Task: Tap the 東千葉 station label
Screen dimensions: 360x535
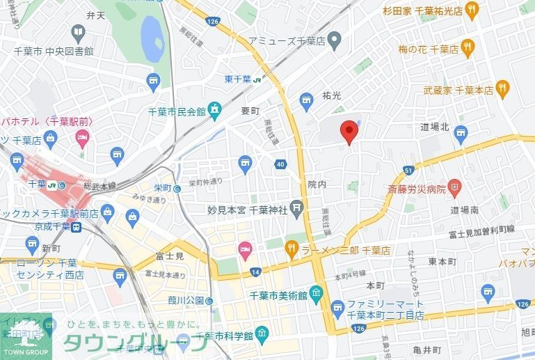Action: coord(239,78)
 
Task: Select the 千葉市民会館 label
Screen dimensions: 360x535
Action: coord(177,111)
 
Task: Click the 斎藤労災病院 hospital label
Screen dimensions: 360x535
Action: coord(416,188)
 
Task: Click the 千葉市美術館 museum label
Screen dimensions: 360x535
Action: coord(278,296)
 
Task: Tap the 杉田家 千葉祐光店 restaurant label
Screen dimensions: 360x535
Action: coord(422,10)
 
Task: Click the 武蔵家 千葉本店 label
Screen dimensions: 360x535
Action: coord(458,90)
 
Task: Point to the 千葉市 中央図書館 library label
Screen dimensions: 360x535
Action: coord(54,51)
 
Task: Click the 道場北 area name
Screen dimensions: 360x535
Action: coord(436,127)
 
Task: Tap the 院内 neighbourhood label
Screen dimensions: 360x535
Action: coord(317,184)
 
